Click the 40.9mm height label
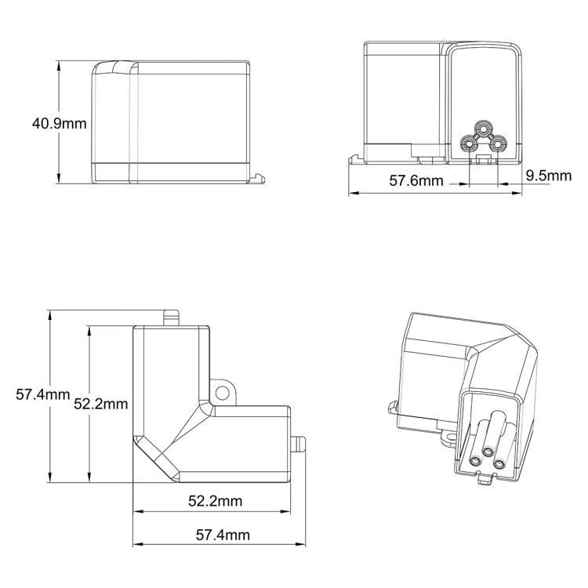click(59, 122)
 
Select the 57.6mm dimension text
click(416, 181)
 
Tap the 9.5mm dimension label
click(549, 175)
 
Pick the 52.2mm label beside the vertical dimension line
click(100, 404)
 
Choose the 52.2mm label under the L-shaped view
click(214, 500)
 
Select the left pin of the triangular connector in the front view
click(470, 144)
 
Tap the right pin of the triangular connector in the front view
click(497, 144)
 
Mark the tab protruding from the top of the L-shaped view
click(172, 318)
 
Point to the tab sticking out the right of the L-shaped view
click(299, 443)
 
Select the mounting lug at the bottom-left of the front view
click(357, 158)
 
